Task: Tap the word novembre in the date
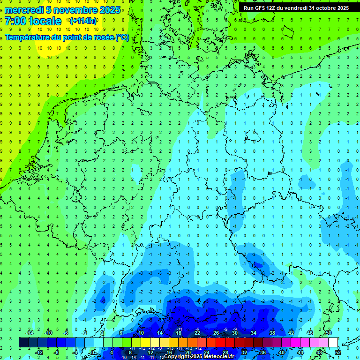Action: tap(73, 10)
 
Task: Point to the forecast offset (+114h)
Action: tap(83, 21)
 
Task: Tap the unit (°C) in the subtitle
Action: tap(122, 37)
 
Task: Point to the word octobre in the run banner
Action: tap(326, 8)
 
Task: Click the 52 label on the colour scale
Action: tap(338, 352)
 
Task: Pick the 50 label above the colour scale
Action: tap(328, 333)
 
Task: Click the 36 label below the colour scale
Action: tap(262, 352)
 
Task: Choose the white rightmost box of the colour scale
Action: tap(333, 343)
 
